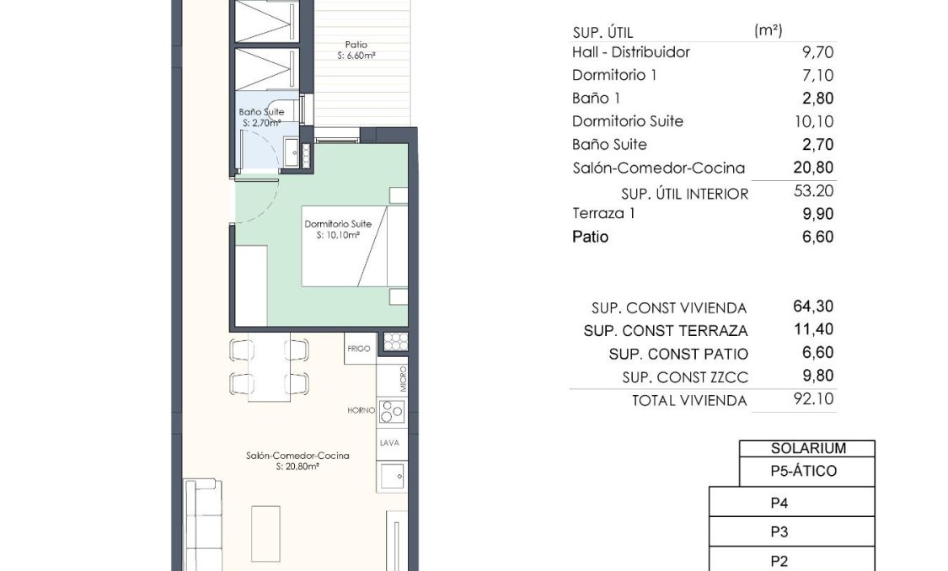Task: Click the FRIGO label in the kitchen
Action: pos(359,348)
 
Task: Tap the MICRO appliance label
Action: pos(404,379)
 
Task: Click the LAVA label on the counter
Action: pos(390,443)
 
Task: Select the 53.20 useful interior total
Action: pos(813,191)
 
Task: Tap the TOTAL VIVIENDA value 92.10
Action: pos(813,398)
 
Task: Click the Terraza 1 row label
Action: pos(603,214)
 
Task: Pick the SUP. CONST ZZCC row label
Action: pos(684,377)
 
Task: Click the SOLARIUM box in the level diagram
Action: pos(807,449)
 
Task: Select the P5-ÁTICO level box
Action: pos(804,472)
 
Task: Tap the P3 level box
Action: pos(779,532)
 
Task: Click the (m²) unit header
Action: pos(768,30)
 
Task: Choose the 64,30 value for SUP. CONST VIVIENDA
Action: pos(813,307)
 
